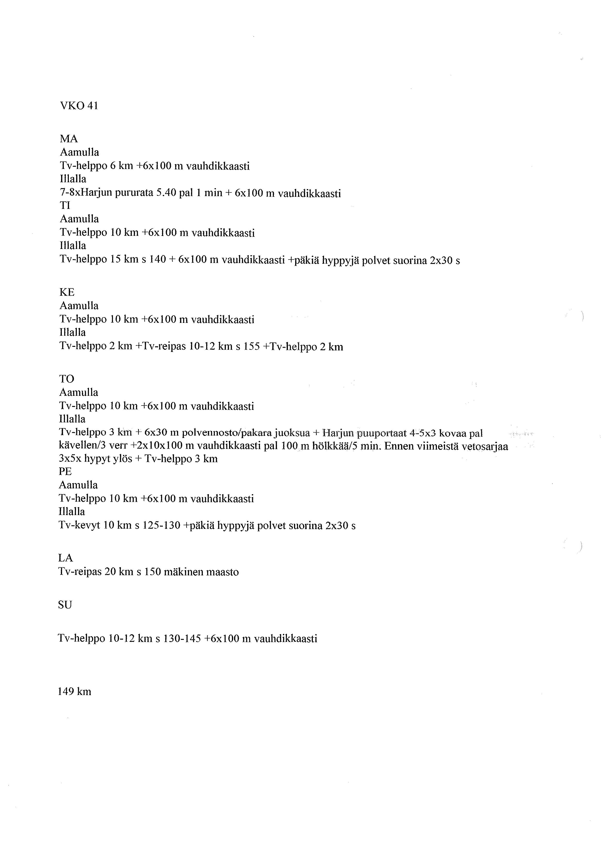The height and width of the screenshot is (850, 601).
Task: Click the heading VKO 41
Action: click(x=79, y=106)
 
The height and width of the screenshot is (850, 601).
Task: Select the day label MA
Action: click(x=69, y=139)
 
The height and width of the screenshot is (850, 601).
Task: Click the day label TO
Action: click(x=67, y=379)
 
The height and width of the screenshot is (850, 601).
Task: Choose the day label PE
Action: click(x=65, y=471)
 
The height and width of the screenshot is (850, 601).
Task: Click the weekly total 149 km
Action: click(x=74, y=691)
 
